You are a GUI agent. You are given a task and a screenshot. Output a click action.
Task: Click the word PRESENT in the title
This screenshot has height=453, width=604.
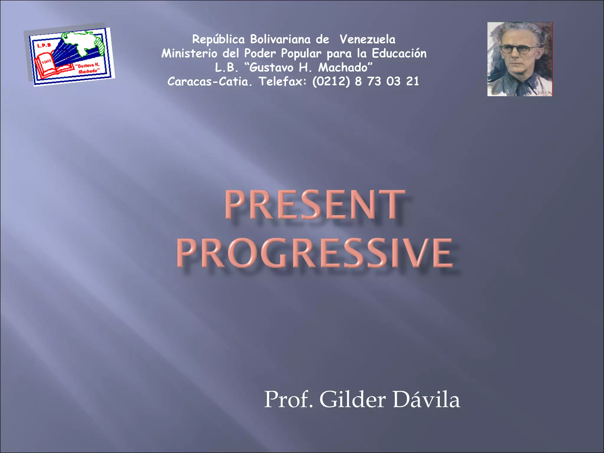[315, 205]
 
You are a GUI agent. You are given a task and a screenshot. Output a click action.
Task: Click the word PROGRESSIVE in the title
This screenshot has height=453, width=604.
[315, 253]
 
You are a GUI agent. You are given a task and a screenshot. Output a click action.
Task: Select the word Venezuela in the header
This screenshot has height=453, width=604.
[367, 39]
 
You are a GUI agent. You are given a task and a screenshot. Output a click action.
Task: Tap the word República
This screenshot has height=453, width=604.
[218, 39]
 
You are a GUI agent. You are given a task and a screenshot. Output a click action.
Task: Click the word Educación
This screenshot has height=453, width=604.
[399, 53]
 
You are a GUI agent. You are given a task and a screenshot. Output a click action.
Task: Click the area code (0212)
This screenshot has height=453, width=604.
[331, 81]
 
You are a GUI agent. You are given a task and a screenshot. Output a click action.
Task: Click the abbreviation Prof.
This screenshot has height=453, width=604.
[288, 400]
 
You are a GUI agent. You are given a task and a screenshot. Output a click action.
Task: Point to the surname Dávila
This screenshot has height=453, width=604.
[426, 400]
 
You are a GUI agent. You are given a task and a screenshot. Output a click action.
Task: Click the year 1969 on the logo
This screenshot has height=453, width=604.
[46, 61]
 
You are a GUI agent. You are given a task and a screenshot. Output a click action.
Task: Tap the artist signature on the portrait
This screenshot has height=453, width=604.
[544, 93]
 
